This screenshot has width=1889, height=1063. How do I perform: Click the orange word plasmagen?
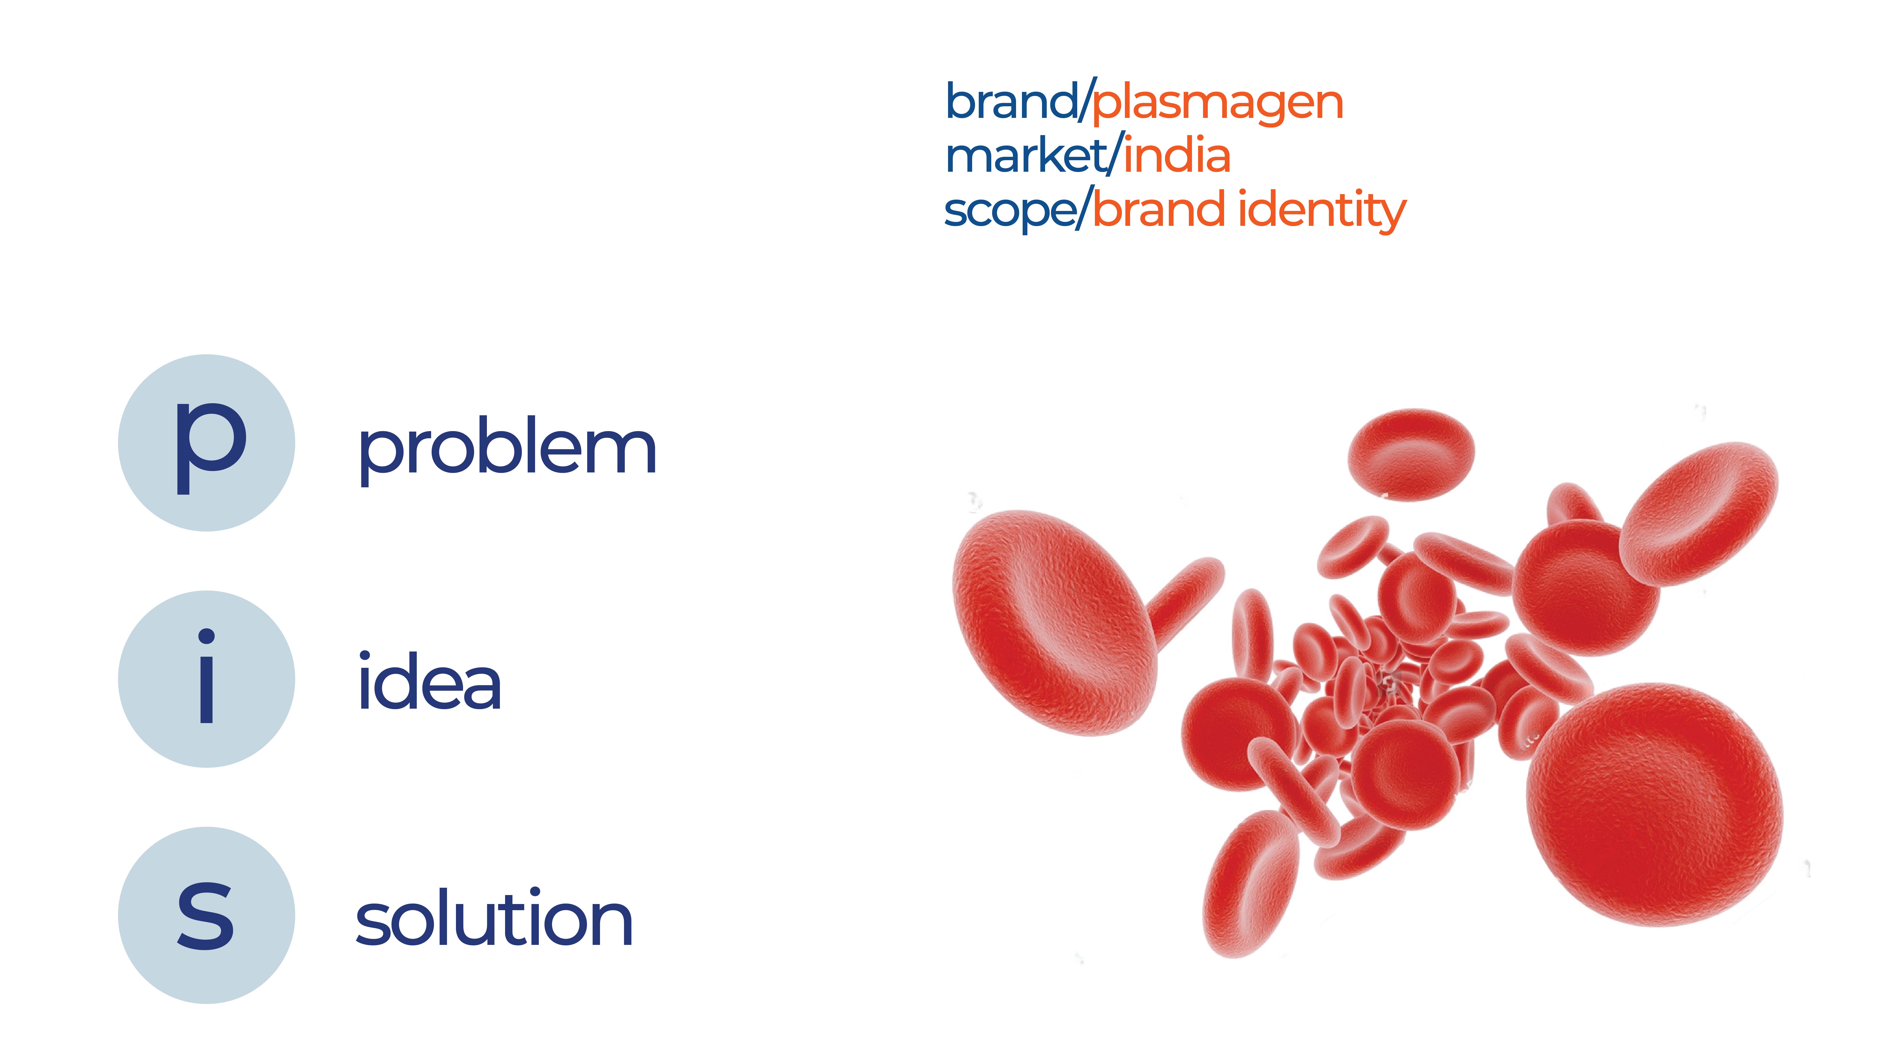(x=1218, y=103)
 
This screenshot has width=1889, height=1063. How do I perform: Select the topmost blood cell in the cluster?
(x=1411, y=455)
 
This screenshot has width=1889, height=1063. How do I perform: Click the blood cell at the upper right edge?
(x=1698, y=514)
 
